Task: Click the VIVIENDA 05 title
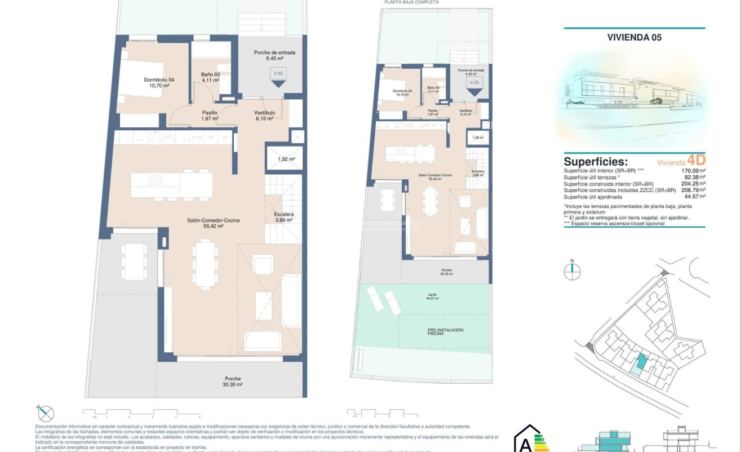click(634, 38)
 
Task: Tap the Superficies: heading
click(596, 162)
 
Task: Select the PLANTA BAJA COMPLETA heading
click(411, 2)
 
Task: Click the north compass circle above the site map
click(572, 271)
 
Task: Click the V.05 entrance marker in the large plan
click(278, 77)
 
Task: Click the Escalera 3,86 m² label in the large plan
click(283, 217)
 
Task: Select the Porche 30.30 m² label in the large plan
click(233, 381)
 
